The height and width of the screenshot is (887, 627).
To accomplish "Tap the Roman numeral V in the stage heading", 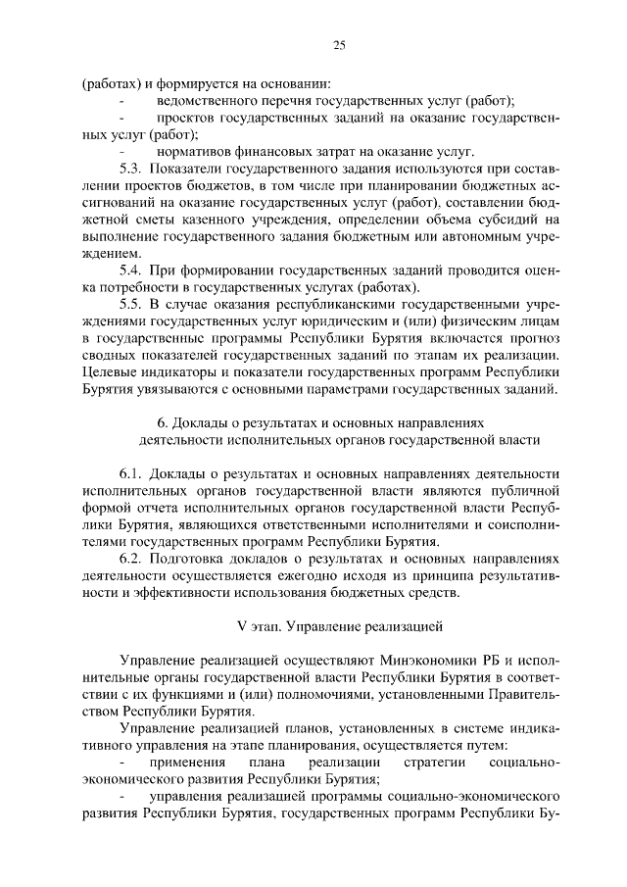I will (x=242, y=623).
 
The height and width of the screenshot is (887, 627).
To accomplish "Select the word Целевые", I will (x=111, y=372).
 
